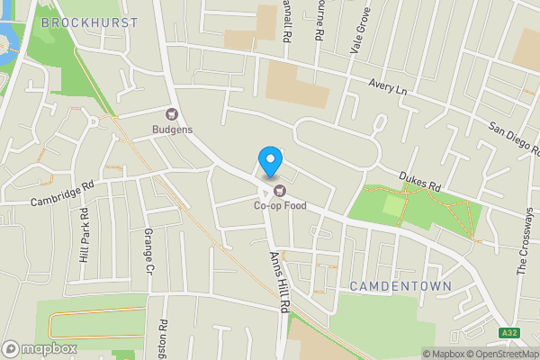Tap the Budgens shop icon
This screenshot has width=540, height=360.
point(171,114)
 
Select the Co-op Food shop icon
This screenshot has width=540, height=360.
point(279,190)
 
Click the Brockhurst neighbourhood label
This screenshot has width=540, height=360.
point(90,22)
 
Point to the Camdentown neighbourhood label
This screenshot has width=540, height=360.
point(400,285)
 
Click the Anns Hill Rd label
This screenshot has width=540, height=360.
point(278,280)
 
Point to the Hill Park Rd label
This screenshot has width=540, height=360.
point(84,235)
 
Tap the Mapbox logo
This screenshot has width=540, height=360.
point(40,348)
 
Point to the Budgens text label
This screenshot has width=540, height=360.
point(172,130)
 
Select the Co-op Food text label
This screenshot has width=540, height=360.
point(279,206)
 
